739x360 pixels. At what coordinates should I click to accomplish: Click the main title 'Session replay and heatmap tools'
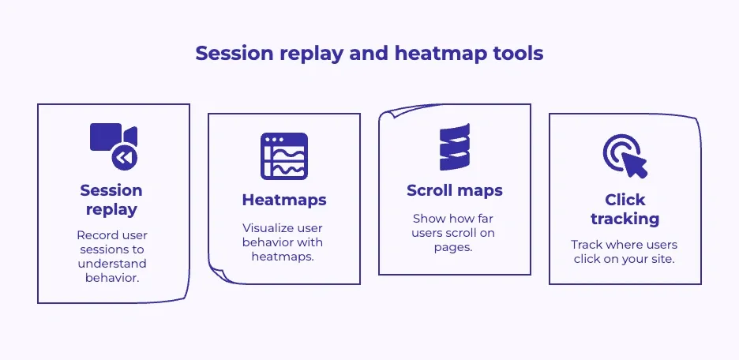[x=369, y=53]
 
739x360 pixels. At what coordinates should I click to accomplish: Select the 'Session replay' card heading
[x=111, y=200]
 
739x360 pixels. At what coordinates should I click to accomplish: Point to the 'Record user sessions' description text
[x=111, y=257]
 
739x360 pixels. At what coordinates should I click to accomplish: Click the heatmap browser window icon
[x=283, y=156]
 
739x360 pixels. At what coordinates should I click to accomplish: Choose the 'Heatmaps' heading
[x=283, y=201]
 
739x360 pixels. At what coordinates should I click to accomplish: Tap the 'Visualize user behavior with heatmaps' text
[x=283, y=242]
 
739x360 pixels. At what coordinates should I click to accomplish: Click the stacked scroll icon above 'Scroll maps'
[x=454, y=147]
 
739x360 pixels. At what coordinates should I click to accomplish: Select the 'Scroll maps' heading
[x=454, y=190]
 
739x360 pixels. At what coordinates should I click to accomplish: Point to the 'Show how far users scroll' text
[x=454, y=232]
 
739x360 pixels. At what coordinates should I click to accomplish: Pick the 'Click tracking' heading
[x=625, y=209]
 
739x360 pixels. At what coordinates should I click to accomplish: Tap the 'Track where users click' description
[x=625, y=252]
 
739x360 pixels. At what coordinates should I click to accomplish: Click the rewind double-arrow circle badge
[x=124, y=158]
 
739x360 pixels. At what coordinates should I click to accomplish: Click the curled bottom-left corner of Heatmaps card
[x=216, y=273]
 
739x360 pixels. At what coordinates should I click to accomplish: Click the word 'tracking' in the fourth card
[x=625, y=219]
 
